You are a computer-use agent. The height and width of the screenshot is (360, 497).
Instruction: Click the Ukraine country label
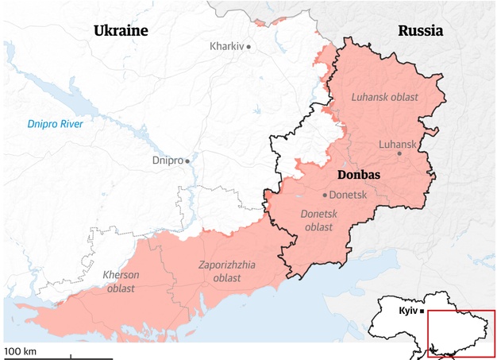tap(121, 31)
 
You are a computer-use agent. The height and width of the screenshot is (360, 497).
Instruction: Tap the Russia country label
tap(420, 31)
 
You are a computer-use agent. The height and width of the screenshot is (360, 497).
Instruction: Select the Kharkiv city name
tap(226, 47)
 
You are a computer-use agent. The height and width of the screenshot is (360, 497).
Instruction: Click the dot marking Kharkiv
tap(248, 47)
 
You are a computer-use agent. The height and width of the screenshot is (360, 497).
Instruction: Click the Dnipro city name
tap(167, 161)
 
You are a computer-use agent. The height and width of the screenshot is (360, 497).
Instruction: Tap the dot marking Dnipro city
tap(188, 161)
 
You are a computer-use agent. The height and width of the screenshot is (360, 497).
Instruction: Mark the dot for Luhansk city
tap(399, 153)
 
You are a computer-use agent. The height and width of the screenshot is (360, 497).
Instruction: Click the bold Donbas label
tap(359, 174)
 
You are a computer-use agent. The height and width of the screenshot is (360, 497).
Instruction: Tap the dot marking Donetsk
tap(325, 195)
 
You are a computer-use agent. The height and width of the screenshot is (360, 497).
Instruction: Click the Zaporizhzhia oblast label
tap(226, 271)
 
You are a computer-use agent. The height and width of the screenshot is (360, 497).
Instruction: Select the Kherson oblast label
tap(121, 281)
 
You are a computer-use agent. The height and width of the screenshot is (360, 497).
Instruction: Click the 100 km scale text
tap(21, 350)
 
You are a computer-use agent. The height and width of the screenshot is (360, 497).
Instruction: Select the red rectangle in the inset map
tap(461, 311)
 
